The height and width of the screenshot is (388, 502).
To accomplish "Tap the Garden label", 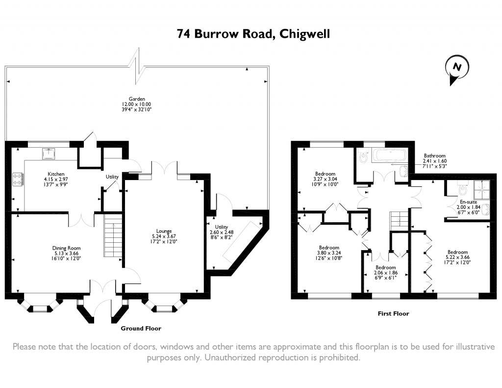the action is (x=137, y=104).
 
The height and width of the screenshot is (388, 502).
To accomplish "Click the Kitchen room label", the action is (x=56, y=179).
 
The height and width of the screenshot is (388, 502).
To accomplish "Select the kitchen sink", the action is (x=49, y=154).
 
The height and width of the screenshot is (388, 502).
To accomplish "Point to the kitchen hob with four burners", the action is (x=17, y=179).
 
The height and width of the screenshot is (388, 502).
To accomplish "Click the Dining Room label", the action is (x=66, y=253).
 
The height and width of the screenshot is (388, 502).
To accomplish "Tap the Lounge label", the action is (x=164, y=236).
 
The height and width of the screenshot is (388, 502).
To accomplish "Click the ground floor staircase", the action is (x=113, y=235).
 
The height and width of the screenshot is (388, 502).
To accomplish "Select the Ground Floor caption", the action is (x=141, y=329).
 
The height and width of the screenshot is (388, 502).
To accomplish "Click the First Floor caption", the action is (x=393, y=313).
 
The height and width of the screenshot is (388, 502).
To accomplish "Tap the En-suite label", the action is (x=468, y=207).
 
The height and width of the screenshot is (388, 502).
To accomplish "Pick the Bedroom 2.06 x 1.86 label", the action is (x=385, y=272).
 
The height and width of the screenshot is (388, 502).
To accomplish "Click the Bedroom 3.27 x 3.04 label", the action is (x=325, y=179).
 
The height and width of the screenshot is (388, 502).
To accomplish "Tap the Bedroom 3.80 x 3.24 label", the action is (x=329, y=253).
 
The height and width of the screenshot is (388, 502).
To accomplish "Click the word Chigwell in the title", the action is (x=304, y=34).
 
